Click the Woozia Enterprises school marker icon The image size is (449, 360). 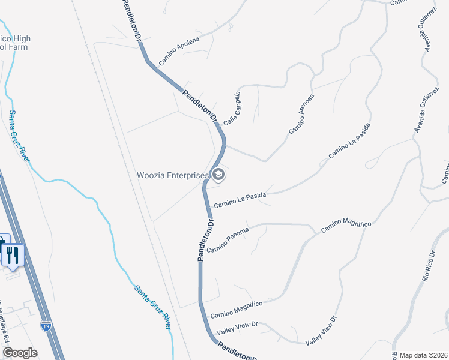[x=218, y=175]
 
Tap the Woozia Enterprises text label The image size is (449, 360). [x=173, y=175]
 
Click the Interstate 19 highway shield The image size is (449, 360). [x=46, y=326]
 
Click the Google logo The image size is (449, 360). [x=19, y=353]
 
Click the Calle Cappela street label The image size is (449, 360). [x=232, y=108]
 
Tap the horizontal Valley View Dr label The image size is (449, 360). [x=237, y=328]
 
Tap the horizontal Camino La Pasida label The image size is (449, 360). [x=240, y=200]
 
